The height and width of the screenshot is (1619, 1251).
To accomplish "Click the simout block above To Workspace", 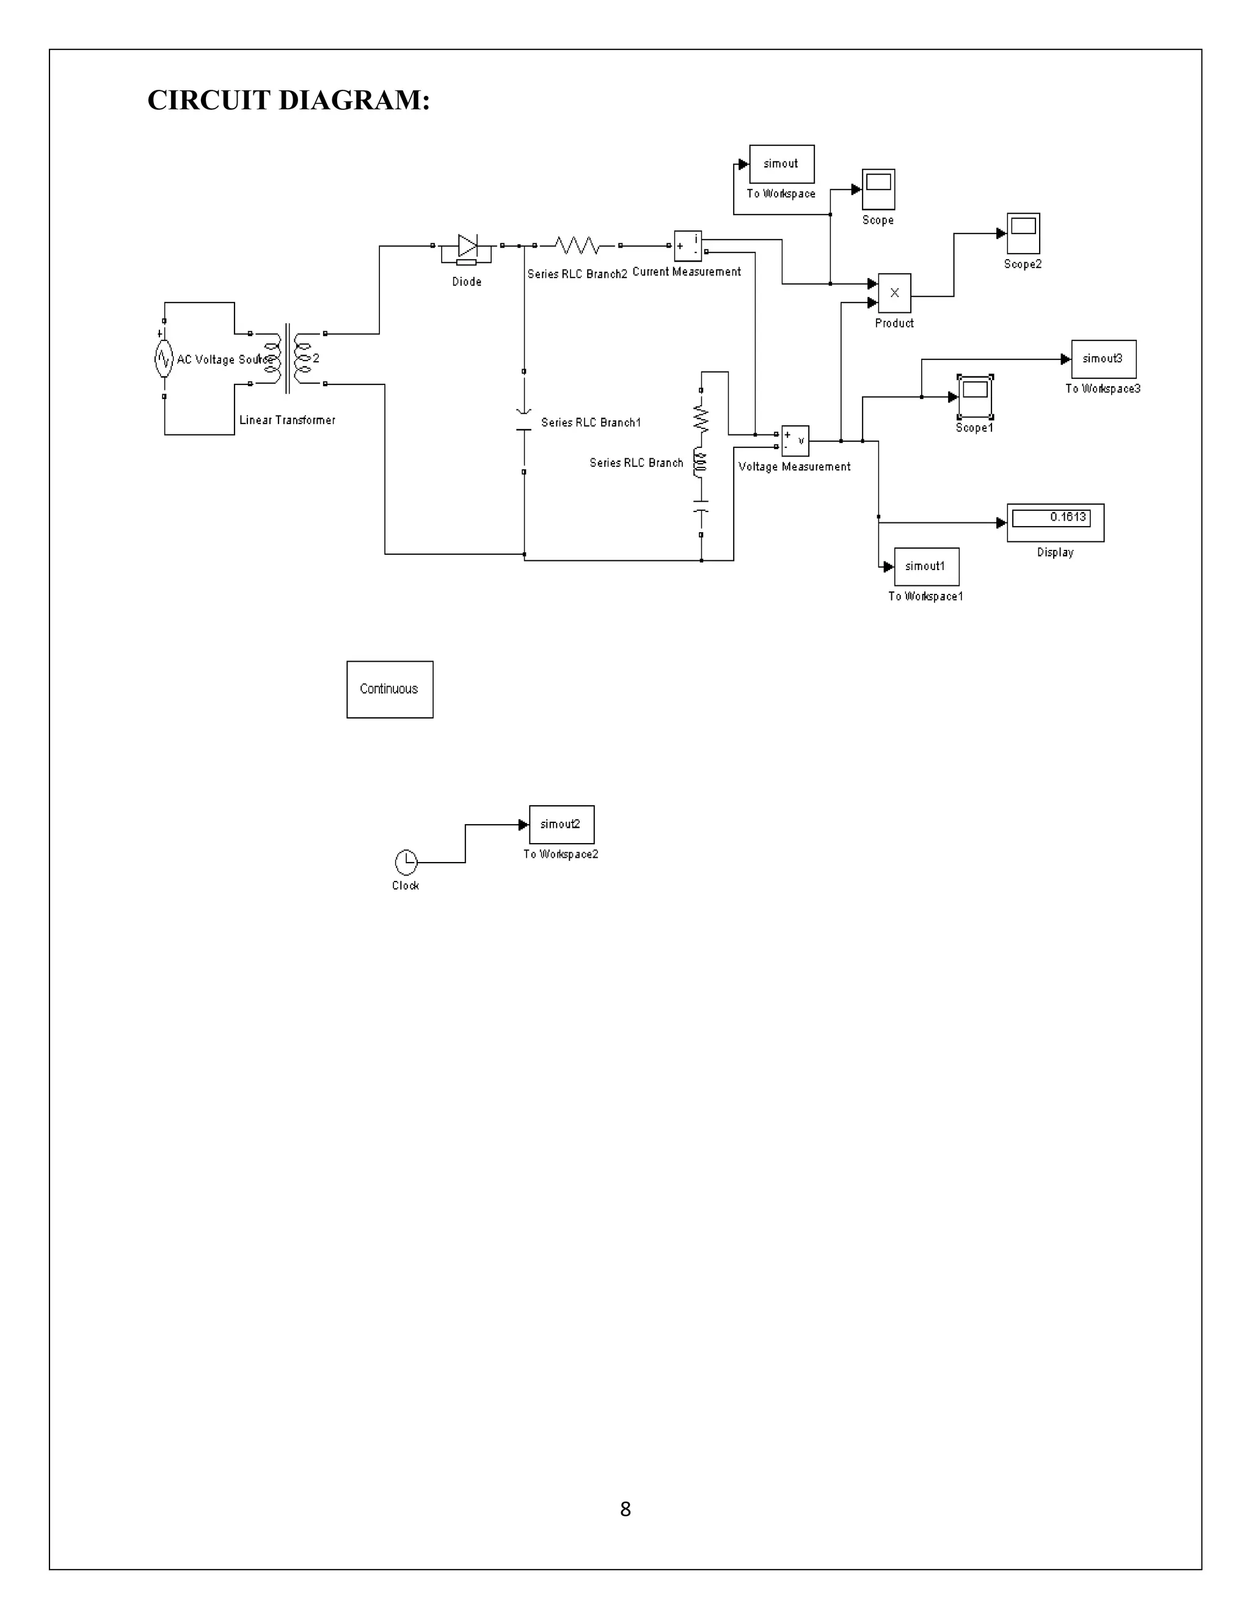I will pyautogui.click(x=781, y=164).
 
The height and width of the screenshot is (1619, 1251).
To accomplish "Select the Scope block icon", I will pyautogui.click(x=878, y=189).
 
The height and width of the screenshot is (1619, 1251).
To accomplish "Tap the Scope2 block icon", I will pyautogui.click(x=1023, y=233).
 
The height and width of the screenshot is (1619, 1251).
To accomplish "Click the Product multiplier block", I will pyautogui.click(x=894, y=293).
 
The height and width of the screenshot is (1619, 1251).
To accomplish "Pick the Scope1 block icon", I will pyautogui.click(x=974, y=397).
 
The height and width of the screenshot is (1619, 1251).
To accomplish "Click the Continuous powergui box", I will pyautogui.click(x=390, y=689).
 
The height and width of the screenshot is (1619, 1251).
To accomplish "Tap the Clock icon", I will pyautogui.click(x=406, y=862).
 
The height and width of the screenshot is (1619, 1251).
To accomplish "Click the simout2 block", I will pyautogui.click(x=561, y=824).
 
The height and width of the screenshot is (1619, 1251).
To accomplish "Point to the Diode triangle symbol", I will pyautogui.click(x=467, y=246).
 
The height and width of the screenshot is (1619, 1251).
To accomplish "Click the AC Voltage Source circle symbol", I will pyautogui.click(x=164, y=359).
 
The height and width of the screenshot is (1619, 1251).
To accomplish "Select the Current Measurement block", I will pyautogui.click(x=687, y=246).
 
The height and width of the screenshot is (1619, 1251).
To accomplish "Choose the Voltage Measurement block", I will pyautogui.click(x=795, y=440).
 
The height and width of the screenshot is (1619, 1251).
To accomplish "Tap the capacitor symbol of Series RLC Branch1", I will pyautogui.click(x=524, y=423).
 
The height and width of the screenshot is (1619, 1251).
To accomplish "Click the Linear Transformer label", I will pyautogui.click(x=287, y=420).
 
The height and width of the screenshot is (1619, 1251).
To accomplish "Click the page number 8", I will pyautogui.click(x=625, y=1509).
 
